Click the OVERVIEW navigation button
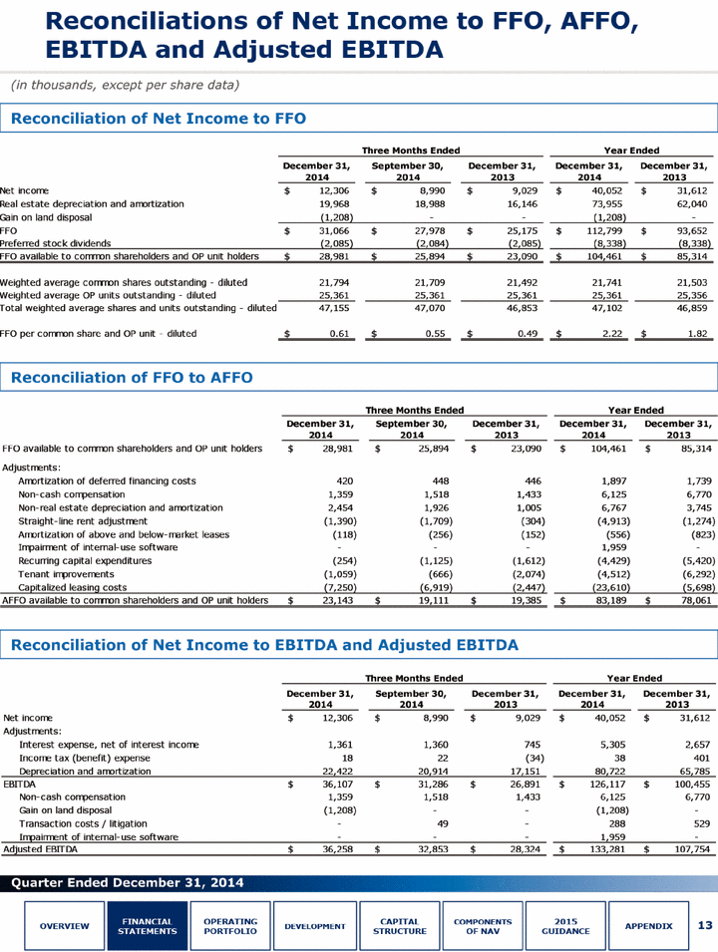[x=65, y=926]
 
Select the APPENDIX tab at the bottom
[x=648, y=926]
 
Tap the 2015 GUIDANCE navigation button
[x=565, y=926]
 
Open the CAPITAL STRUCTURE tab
[x=399, y=926]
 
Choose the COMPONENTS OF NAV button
[x=483, y=926]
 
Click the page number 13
[x=705, y=925]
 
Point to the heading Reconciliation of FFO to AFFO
[x=132, y=378]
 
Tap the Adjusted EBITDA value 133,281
[x=607, y=849]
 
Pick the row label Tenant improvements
[x=66, y=574]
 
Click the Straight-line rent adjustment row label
[x=83, y=521]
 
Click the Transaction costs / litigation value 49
[x=443, y=823]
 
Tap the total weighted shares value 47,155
[x=334, y=308]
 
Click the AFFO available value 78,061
[x=694, y=600]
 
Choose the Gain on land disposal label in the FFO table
[x=46, y=217]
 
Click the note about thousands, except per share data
[x=125, y=85]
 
